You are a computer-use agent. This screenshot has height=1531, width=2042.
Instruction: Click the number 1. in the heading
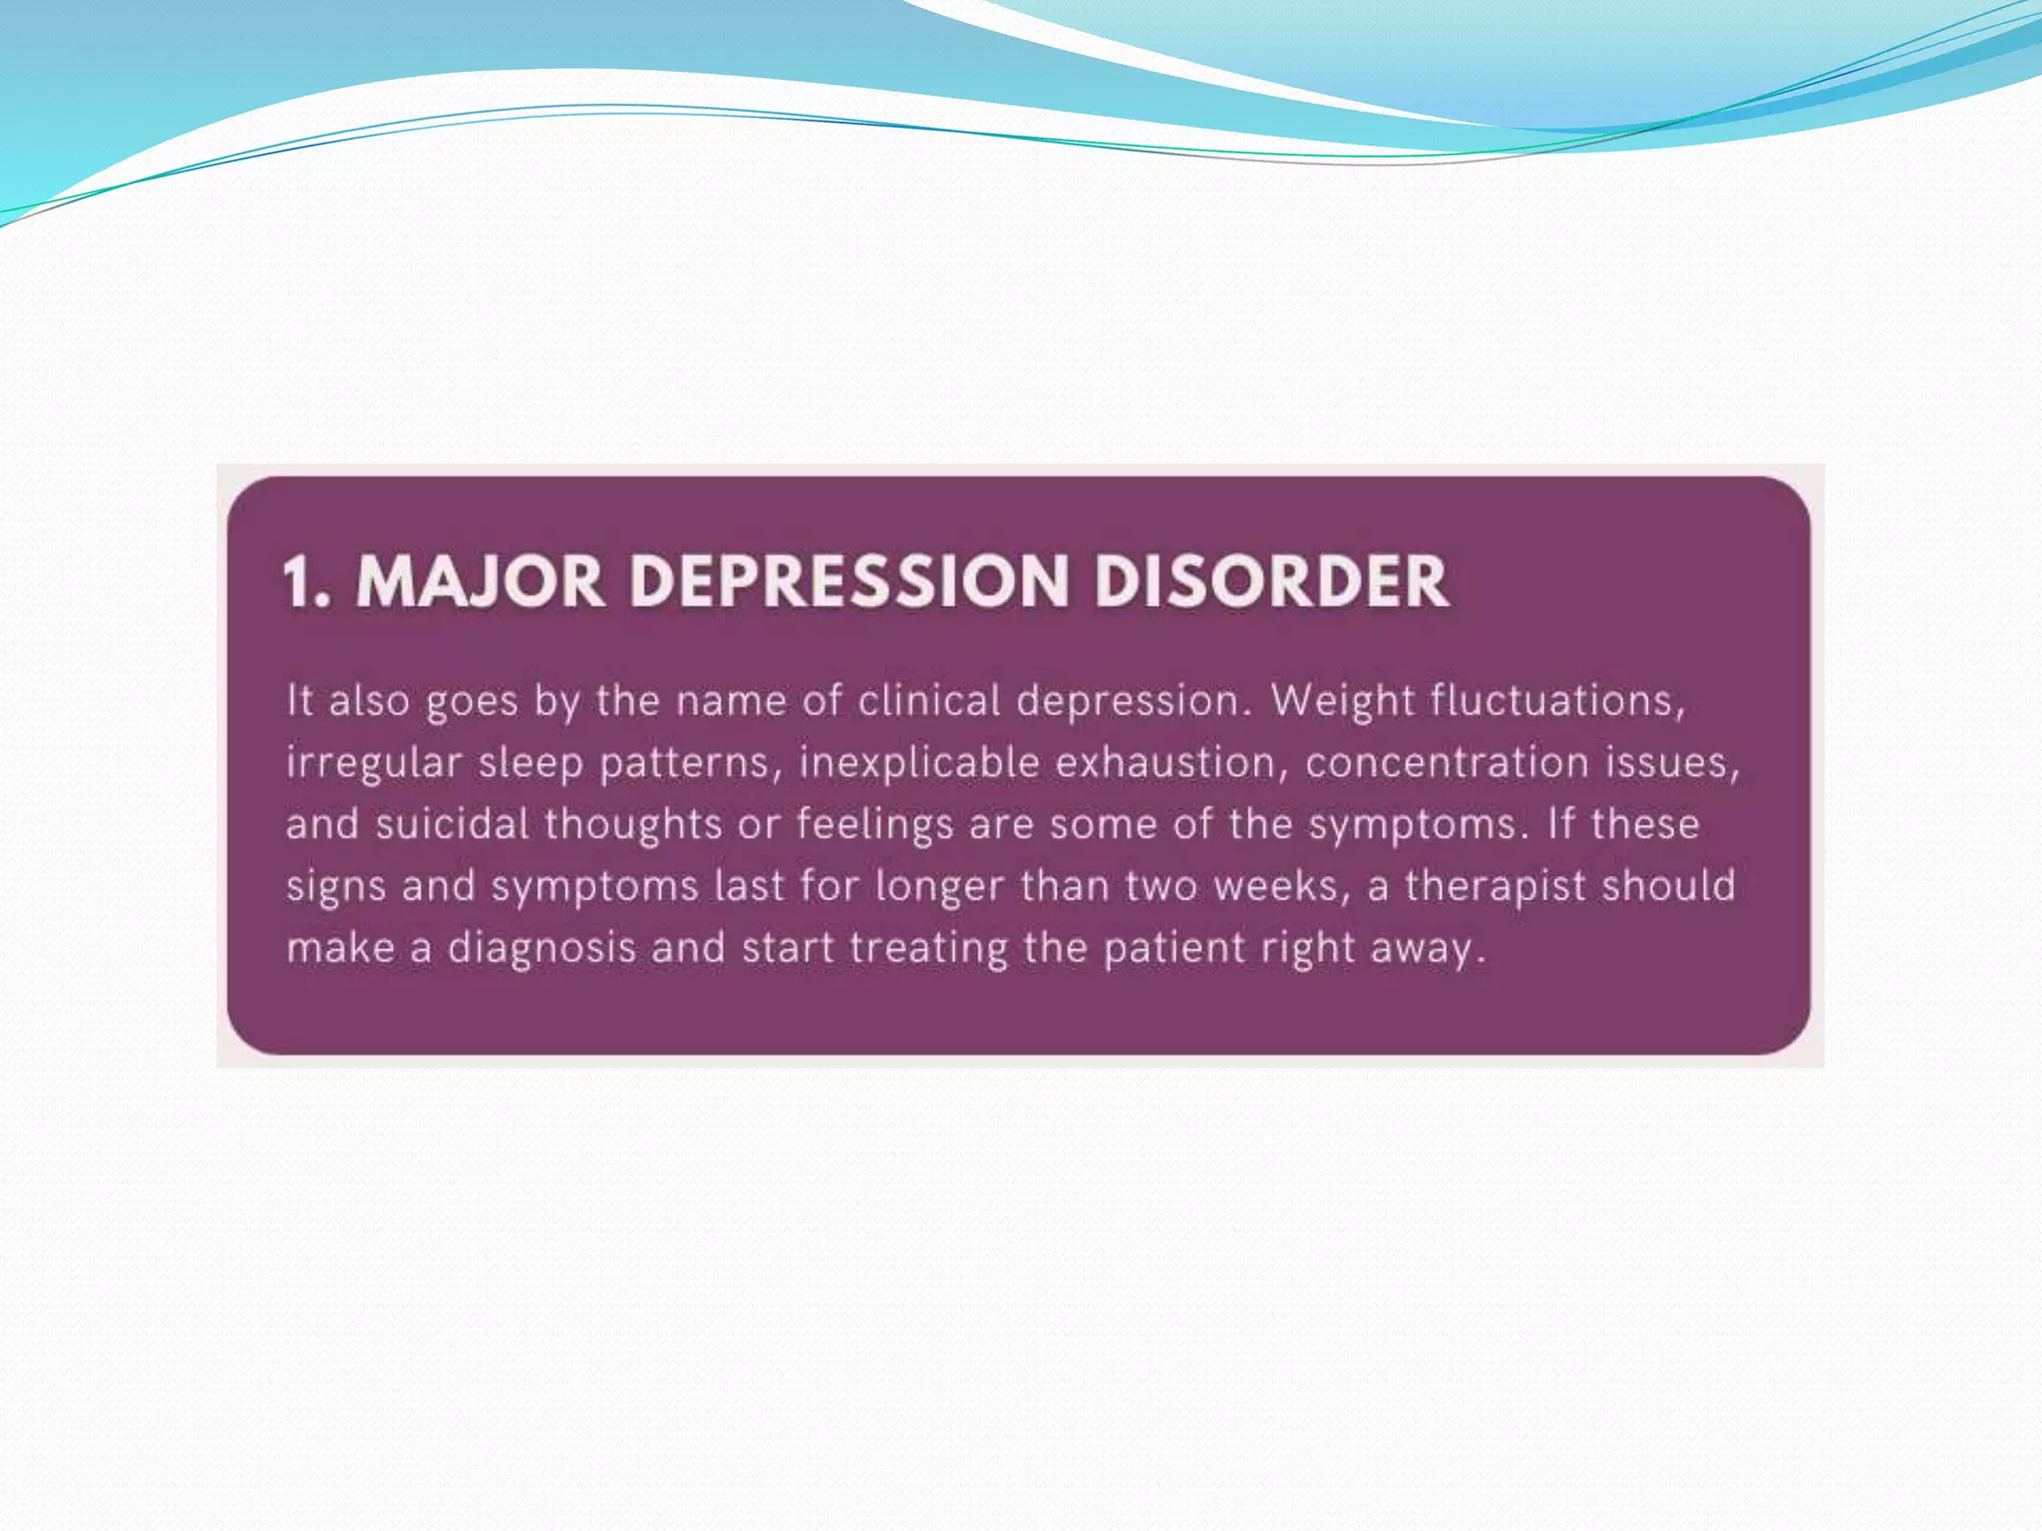click(306, 581)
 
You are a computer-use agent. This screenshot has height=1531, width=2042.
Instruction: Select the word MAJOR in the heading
click(481, 581)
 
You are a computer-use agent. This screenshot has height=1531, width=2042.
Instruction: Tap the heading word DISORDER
click(1271, 581)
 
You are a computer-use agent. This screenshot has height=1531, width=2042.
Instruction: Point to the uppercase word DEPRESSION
click(849, 581)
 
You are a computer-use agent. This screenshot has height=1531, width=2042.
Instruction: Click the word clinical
click(929, 701)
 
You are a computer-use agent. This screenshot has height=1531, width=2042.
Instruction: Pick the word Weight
click(1342, 701)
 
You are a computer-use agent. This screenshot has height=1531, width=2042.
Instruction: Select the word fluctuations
click(1557, 701)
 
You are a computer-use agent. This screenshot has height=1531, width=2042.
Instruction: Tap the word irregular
click(374, 764)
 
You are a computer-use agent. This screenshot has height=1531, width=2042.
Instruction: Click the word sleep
click(530, 764)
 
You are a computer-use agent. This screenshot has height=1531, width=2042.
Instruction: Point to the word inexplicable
click(919, 764)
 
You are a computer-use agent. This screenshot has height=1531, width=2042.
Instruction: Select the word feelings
click(874, 825)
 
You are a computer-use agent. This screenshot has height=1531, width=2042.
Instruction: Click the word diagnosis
click(541, 948)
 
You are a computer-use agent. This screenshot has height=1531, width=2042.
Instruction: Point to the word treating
click(928, 948)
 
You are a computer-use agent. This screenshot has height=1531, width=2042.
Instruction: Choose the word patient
click(1174, 948)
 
